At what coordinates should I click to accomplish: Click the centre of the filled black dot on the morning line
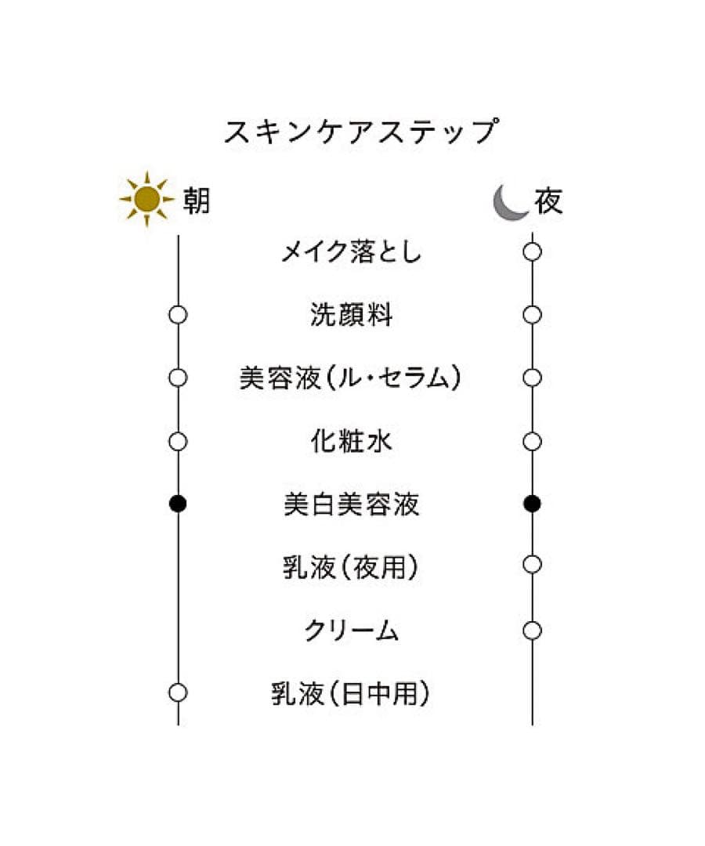click(178, 504)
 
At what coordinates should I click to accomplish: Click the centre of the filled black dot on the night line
click(533, 504)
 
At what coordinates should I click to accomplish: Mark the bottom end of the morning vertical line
click(178, 725)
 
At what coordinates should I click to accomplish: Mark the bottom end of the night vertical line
click(533, 725)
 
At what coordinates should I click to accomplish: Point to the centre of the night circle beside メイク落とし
click(533, 251)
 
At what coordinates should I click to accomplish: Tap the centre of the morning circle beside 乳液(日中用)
click(178, 692)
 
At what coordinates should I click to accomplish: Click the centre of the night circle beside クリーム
click(533, 630)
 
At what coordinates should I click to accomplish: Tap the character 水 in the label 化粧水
click(379, 441)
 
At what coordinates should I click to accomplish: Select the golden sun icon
click(146, 199)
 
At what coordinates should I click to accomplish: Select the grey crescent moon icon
click(510, 202)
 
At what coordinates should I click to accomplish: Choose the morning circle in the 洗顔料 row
click(178, 315)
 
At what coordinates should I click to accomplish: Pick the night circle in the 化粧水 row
click(533, 441)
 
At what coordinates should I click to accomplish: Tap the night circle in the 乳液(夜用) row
click(533, 564)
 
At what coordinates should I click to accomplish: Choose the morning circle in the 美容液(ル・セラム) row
click(178, 378)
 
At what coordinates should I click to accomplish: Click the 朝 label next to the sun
click(196, 201)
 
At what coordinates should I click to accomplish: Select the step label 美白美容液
click(351, 504)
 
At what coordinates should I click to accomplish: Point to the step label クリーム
click(351, 630)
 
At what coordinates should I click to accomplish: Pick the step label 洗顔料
click(351, 315)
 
